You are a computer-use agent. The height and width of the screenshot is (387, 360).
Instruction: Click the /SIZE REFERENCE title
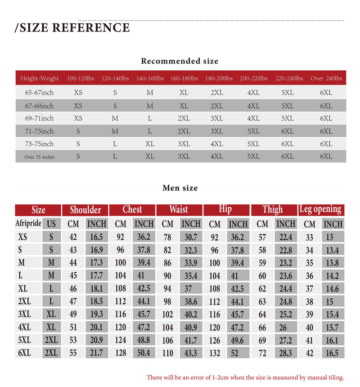tap(72, 28)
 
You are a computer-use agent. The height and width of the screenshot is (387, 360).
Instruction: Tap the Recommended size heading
tap(180, 61)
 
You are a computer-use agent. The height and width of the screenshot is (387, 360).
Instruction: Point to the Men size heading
tap(180, 188)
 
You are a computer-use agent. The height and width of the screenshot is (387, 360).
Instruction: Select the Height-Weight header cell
tap(40, 78)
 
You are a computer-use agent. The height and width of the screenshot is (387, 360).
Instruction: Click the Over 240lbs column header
tap(326, 78)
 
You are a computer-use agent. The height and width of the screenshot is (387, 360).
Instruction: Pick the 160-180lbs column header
tap(184, 78)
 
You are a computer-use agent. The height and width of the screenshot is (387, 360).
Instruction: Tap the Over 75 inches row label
tap(40, 157)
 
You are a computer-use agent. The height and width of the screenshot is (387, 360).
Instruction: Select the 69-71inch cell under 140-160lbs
tap(150, 118)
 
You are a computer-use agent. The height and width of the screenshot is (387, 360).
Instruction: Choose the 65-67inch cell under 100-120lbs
tap(78, 93)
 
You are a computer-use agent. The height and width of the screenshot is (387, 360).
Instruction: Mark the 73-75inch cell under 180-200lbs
tap(217, 144)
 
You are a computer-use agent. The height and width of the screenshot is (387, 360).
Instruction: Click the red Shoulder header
tap(85, 210)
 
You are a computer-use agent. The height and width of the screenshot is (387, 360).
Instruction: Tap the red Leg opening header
tap(320, 210)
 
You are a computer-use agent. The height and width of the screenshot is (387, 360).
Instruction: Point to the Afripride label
tap(28, 224)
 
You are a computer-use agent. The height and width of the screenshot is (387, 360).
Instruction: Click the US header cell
tap(51, 224)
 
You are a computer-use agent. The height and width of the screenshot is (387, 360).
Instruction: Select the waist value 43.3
tap(190, 353)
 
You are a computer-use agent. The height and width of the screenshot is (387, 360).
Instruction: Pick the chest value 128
tap(121, 353)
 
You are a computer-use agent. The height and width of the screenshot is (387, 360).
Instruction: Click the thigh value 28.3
tap(285, 353)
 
